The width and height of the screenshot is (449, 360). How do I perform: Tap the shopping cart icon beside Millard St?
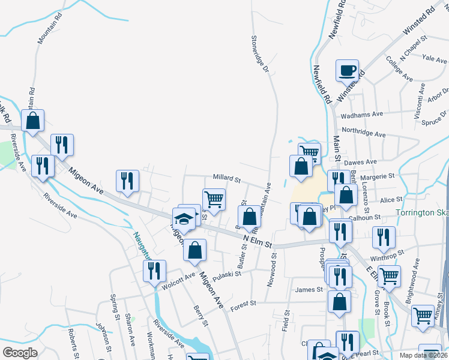pyautogui.click(x=214, y=199)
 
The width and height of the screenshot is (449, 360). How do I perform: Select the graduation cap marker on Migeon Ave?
pyautogui.click(x=184, y=219)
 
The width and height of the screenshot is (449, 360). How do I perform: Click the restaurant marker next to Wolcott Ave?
pyautogui.click(x=154, y=271)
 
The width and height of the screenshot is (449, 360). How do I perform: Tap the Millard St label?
pyautogui.click(x=226, y=179)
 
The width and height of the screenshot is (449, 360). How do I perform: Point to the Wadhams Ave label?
pyautogui.click(x=361, y=114)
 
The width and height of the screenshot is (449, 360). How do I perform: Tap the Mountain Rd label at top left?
pyautogui.click(x=50, y=29)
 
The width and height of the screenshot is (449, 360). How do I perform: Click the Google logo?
pyautogui.click(x=20, y=353)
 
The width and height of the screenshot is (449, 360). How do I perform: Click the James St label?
pyautogui.click(x=309, y=290)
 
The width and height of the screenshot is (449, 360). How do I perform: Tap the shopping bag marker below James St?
pyautogui.click(x=339, y=302)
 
